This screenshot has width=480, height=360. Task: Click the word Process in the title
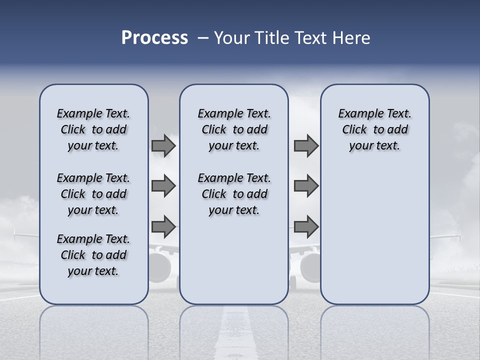[154, 38]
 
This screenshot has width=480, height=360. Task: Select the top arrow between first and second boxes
[163, 146]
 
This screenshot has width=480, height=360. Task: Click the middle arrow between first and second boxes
[163, 186]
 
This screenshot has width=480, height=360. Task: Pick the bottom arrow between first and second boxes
[163, 227]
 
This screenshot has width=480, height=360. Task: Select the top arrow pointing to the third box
[306, 146]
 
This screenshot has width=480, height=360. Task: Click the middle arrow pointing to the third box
[306, 186]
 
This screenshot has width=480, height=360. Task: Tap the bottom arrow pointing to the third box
[306, 227]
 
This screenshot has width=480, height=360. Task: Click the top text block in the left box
[93, 129]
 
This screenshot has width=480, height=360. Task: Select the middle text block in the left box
[93, 194]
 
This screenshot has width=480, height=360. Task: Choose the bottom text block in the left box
[93, 255]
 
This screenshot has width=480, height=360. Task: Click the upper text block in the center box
[234, 129]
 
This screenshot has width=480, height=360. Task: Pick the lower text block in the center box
[234, 194]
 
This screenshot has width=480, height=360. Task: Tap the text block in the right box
[374, 129]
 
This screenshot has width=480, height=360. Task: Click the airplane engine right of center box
[310, 265]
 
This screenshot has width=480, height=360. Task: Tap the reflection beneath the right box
[374, 330]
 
